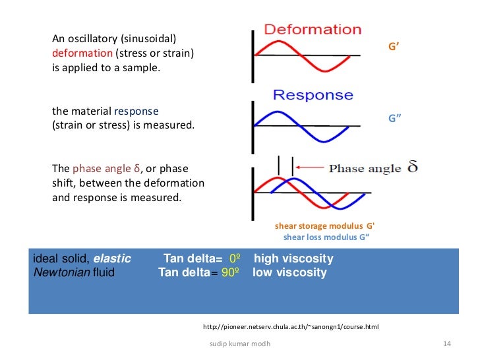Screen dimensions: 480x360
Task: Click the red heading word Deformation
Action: pyautogui.click(x=313, y=30)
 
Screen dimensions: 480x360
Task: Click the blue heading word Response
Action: pyautogui.click(x=313, y=94)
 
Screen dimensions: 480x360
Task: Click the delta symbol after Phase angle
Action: pyautogui.click(x=412, y=167)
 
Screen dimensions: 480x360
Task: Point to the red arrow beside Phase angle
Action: pyautogui.click(x=310, y=167)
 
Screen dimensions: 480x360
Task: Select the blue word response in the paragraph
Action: pyautogui.click(x=136, y=111)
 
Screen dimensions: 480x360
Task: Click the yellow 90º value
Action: pyautogui.click(x=229, y=272)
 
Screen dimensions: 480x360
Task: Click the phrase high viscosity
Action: pyautogui.click(x=293, y=258)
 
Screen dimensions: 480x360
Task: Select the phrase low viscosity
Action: pyautogui.click(x=289, y=272)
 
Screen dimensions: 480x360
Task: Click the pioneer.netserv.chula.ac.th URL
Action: pyautogui.click(x=291, y=327)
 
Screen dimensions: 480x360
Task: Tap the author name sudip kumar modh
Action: pyautogui.click(x=239, y=344)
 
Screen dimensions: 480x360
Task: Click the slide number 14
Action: pyautogui.click(x=447, y=344)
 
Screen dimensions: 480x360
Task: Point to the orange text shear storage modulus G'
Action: pyautogui.click(x=325, y=225)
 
